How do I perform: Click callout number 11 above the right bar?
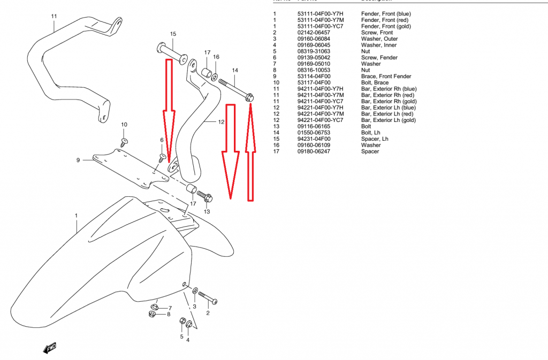point(54,16)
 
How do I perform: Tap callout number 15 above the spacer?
point(173,34)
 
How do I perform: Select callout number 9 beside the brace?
point(78,160)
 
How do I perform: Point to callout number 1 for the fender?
point(77,216)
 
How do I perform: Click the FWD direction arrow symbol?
point(50,348)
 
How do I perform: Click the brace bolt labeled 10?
point(124,142)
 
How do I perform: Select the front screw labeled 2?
point(207,296)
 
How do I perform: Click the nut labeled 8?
point(153,313)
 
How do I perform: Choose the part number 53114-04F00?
point(314,76)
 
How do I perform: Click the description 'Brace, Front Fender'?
point(386,76)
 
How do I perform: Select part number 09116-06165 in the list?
point(314,126)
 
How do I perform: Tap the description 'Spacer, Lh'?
point(375,139)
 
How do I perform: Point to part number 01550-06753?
point(314,133)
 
